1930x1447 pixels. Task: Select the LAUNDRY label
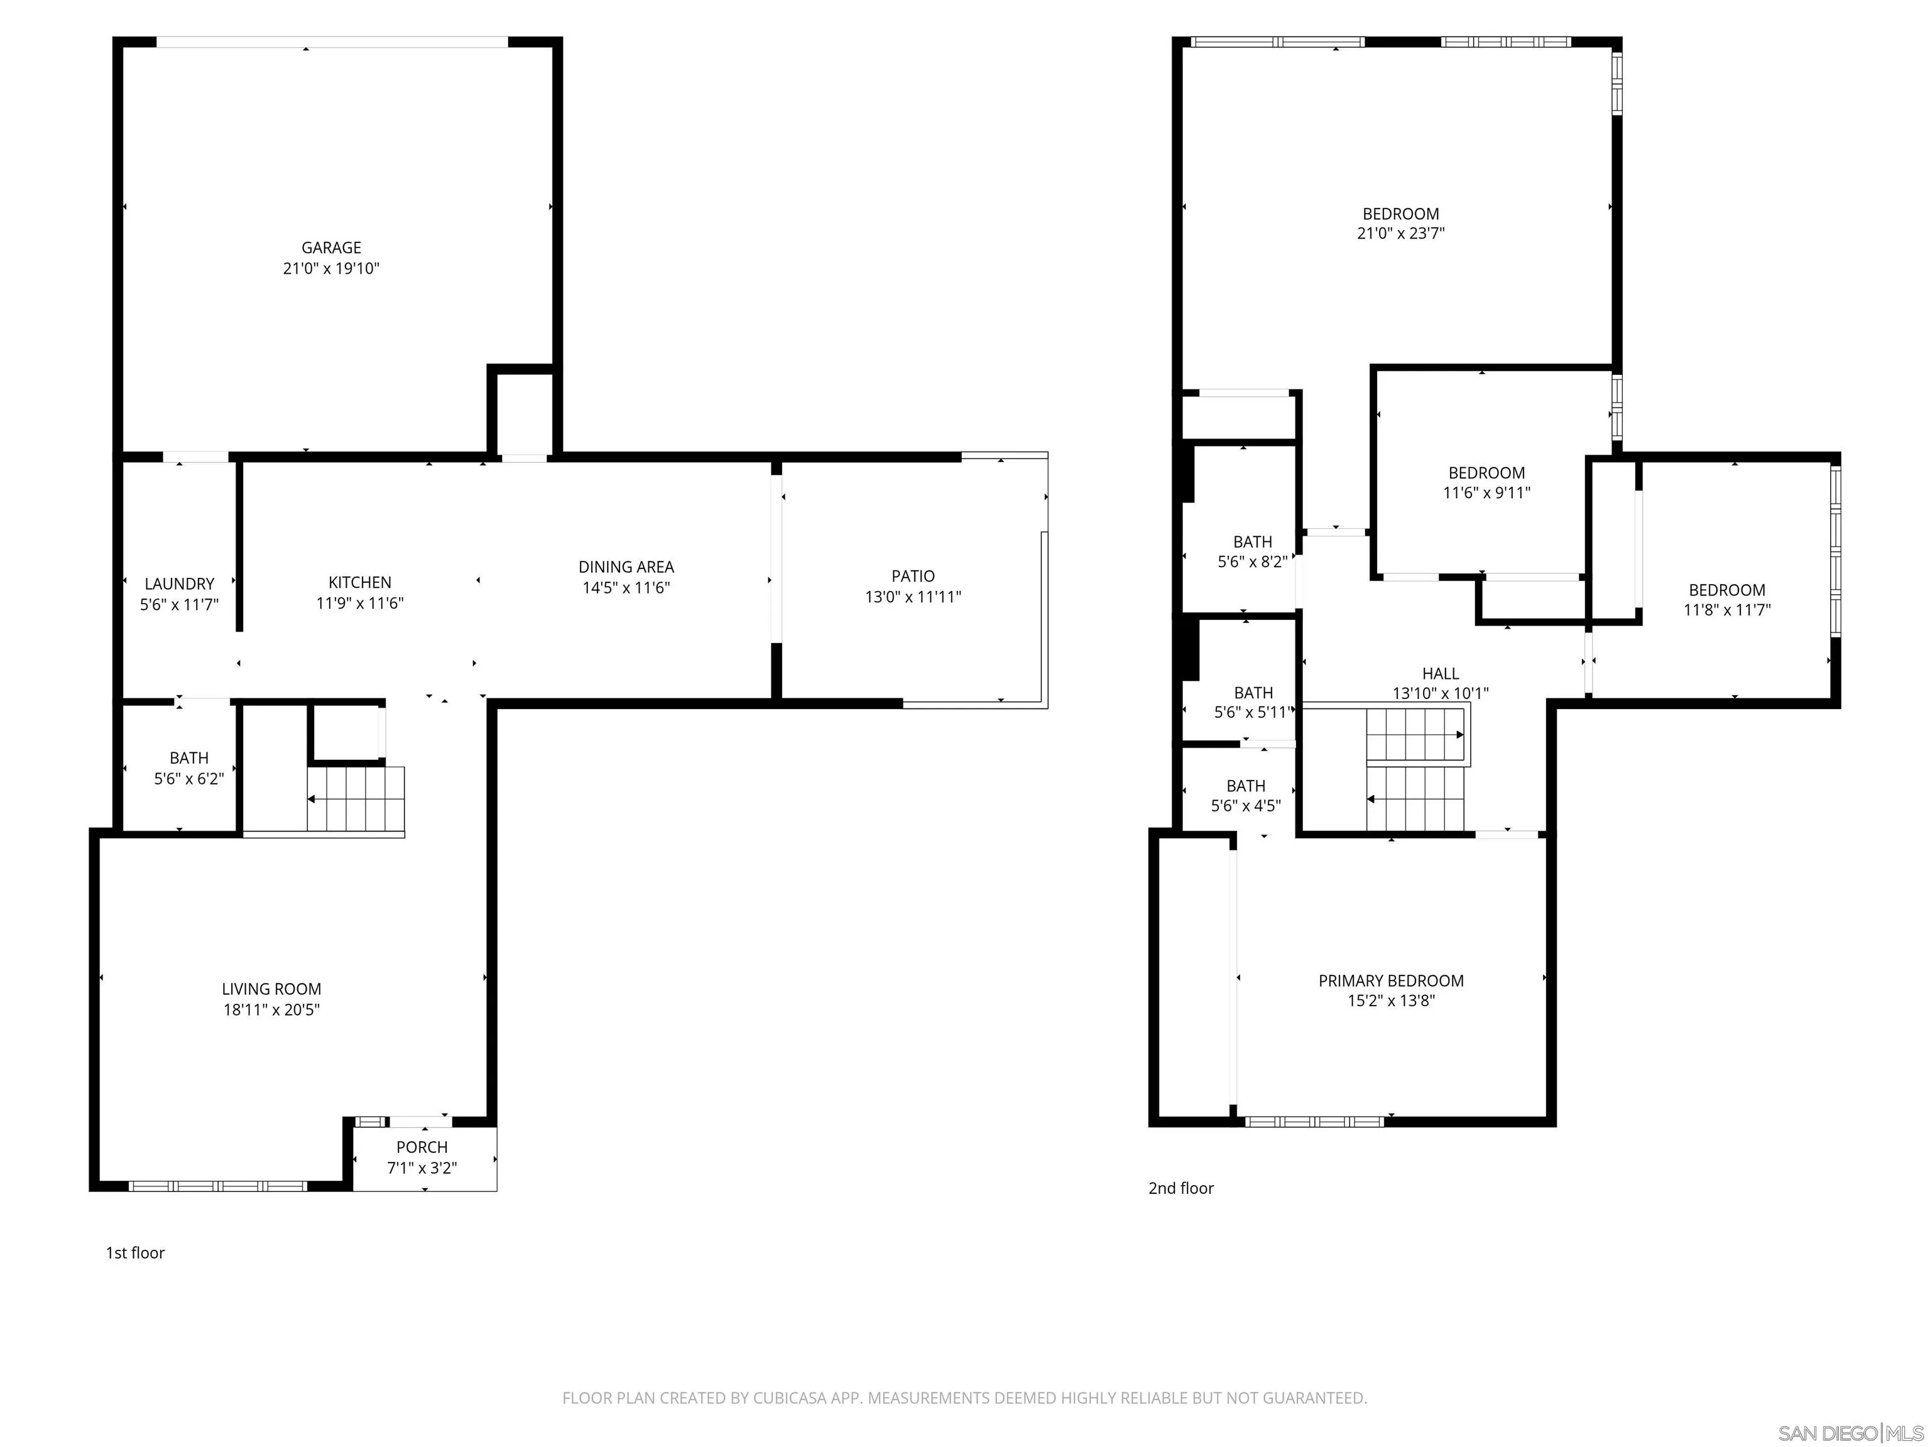pyautogui.click(x=179, y=583)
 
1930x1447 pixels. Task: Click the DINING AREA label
pyautogui.click(x=626, y=567)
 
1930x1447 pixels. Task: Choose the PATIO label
pyautogui.click(x=913, y=576)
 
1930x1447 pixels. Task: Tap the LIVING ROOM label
pyautogui.click(x=271, y=989)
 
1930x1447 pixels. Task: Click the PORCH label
pyautogui.click(x=422, y=1147)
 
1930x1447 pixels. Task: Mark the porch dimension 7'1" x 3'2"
pyautogui.click(x=422, y=1168)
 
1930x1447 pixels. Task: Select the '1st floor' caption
pyautogui.click(x=135, y=1252)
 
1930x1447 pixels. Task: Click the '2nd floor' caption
pyautogui.click(x=1180, y=1188)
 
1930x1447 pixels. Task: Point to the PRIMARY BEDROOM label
pyautogui.click(x=1391, y=980)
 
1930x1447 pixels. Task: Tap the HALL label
pyautogui.click(x=1441, y=673)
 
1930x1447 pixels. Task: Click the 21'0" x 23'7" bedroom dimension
pyautogui.click(x=1400, y=234)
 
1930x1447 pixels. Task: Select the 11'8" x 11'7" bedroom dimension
pyautogui.click(x=1726, y=610)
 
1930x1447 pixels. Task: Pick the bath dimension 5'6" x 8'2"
pyautogui.click(x=1252, y=563)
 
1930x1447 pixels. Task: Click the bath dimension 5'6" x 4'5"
pyautogui.click(x=1245, y=806)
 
